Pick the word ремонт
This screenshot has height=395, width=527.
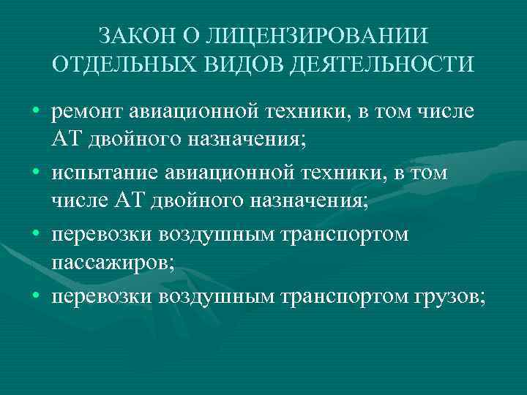88,113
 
